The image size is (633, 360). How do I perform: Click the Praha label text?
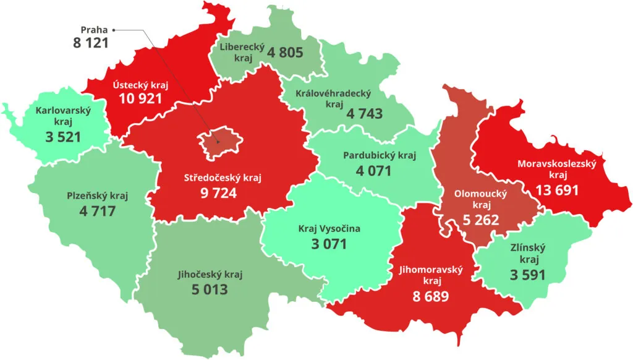point(94,29)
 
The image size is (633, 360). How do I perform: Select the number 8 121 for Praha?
point(91,44)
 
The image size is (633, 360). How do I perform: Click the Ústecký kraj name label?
point(140,85)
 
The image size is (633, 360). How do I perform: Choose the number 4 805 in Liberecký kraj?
point(285,53)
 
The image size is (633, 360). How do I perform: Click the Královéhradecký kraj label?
point(333,99)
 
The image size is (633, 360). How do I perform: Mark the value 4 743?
point(364,114)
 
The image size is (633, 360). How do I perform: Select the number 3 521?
point(63,137)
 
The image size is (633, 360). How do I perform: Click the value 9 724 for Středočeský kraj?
point(218,192)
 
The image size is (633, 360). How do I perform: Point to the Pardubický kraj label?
point(380,155)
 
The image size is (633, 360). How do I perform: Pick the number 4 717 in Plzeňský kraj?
point(97,211)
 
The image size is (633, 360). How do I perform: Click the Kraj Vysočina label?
point(329,229)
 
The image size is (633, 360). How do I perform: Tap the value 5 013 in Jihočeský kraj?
point(207,289)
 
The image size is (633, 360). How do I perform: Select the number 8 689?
point(431,296)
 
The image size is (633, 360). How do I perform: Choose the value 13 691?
point(557,190)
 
